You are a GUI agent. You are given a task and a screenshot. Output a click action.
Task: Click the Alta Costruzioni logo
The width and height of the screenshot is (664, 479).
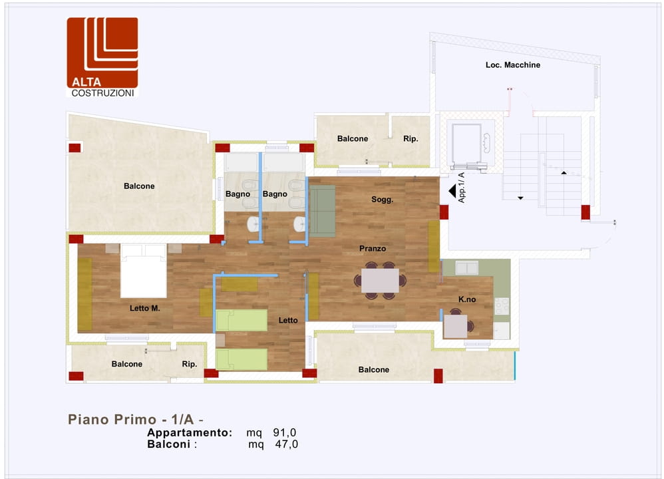tap(102, 57)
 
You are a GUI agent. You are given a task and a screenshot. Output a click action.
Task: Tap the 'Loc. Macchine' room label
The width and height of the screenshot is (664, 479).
tap(513, 65)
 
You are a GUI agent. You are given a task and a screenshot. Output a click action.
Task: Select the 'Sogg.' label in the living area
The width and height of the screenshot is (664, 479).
tap(383, 200)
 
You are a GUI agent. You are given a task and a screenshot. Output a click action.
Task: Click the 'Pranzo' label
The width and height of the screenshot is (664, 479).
tap(373, 249)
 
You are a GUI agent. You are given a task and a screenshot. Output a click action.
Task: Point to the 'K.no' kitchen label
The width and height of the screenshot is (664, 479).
tap(467, 299)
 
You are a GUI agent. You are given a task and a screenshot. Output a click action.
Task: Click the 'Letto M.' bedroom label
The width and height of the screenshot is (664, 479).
tap(145, 308)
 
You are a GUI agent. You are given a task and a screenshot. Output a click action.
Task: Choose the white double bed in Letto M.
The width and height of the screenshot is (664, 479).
tap(144, 271)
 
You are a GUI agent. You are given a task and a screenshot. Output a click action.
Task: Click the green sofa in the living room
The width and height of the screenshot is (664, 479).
tap(322, 211)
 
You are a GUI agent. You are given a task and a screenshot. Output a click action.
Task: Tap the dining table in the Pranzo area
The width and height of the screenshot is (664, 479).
tap(380, 280)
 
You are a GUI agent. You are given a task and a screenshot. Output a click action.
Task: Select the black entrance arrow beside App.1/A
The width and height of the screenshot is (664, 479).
tap(452, 192)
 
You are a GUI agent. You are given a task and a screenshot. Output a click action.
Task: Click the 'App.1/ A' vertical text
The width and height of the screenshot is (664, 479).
tap(462, 188)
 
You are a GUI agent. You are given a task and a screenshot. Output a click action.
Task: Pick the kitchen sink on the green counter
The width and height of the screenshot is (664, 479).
tap(466, 267)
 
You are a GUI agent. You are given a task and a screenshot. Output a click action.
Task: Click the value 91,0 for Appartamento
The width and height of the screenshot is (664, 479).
tap(285, 432)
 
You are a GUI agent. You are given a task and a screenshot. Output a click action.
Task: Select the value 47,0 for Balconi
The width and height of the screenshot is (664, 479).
tap(287, 444)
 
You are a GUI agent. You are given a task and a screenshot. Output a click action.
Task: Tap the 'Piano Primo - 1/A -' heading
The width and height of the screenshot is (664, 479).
tap(136, 419)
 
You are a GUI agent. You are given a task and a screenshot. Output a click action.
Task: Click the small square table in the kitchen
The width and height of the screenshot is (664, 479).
tap(455, 327)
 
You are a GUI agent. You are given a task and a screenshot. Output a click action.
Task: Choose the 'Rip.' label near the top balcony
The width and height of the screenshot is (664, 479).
tap(411, 139)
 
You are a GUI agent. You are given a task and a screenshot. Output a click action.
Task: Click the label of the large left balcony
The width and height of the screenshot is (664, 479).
tap(139, 186)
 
